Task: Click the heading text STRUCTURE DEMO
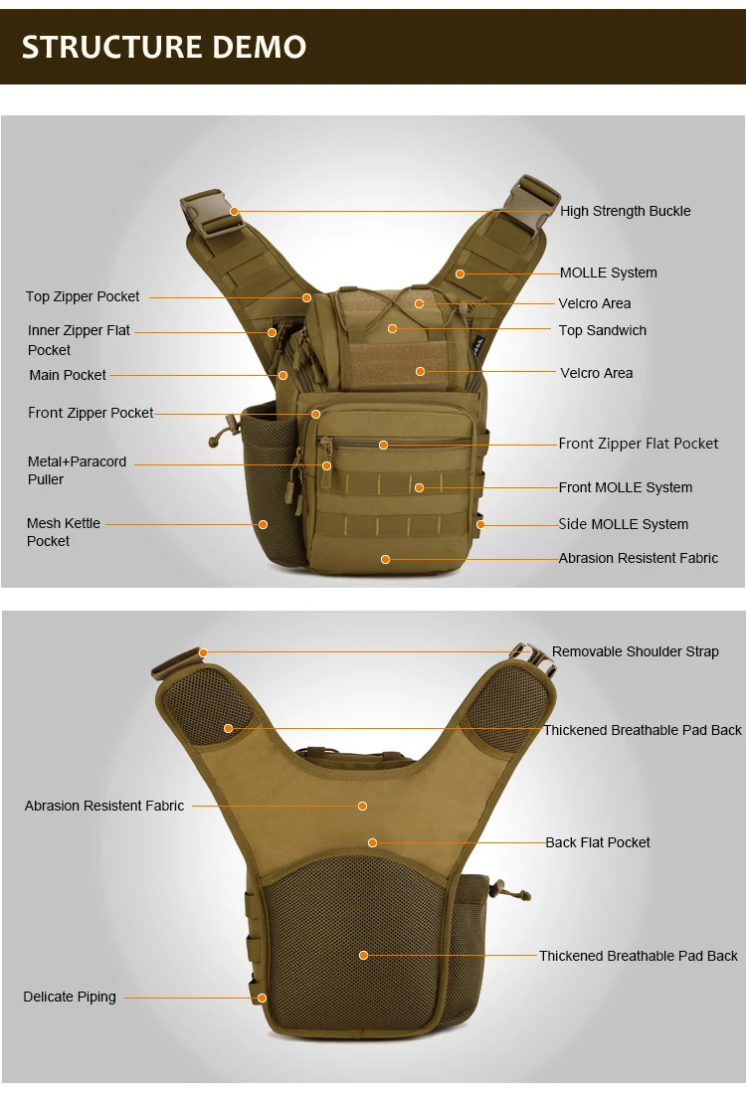164,47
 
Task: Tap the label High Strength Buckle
625,211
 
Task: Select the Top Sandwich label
602,330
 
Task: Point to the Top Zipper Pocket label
83,296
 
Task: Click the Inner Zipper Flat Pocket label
79,340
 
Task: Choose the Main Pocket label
68,375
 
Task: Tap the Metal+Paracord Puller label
77,470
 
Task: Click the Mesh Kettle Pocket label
64,532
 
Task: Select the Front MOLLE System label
625,487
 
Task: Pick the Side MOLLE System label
623,524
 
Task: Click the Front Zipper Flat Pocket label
638,444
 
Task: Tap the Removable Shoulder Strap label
635,651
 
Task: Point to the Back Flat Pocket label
597,842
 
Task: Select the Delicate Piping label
70,997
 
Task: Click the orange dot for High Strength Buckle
234,211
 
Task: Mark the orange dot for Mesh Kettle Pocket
263,524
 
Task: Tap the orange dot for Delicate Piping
262,998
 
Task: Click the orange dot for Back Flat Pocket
372,842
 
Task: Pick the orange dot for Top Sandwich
393,328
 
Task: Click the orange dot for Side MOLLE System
480,524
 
